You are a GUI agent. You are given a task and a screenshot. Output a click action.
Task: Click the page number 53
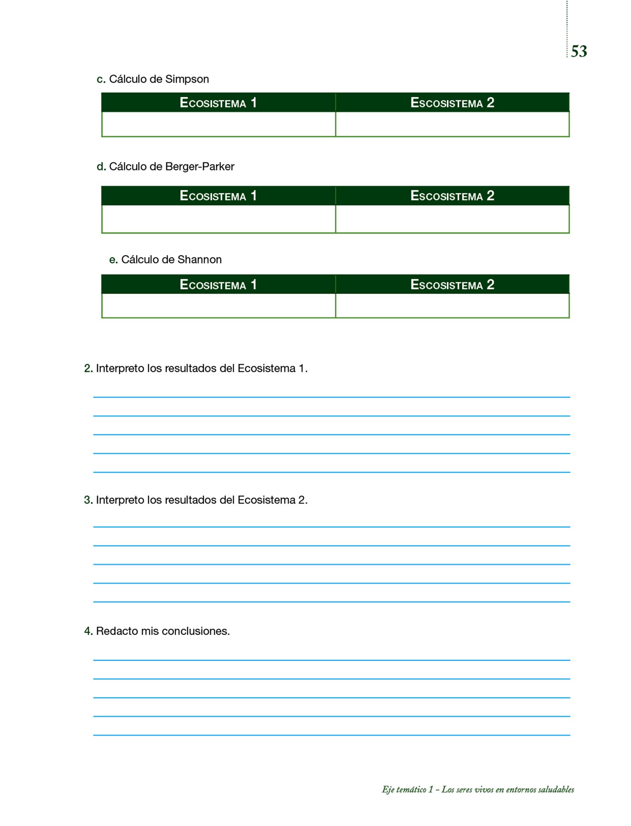click(579, 51)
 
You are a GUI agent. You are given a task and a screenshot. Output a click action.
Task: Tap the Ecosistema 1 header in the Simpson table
click(218, 103)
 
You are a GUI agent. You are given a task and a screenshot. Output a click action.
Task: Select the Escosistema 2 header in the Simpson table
click(452, 103)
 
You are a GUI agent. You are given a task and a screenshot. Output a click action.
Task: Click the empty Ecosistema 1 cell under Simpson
click(218, 124)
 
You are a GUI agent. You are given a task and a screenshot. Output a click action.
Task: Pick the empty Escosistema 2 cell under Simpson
click(452, 124)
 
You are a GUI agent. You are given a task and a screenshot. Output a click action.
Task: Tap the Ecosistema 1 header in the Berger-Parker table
click(218, 196)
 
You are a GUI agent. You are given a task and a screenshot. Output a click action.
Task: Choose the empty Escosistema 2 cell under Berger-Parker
click(452, 219)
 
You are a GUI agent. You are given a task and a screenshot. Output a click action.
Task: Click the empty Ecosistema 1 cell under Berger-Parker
click(218, 219)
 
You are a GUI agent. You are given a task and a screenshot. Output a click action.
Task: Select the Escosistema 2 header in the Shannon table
click(452, 285)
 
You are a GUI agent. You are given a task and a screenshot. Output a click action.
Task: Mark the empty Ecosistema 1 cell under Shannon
click(218, 306)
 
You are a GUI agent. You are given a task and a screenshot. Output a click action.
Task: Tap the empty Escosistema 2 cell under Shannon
click(452, 306)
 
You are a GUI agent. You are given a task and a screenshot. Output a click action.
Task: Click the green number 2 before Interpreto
click(88, 368)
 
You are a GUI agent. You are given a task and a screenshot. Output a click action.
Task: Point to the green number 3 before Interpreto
click(88, 500)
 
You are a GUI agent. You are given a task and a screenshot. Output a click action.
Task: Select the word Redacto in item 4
click(117, 631)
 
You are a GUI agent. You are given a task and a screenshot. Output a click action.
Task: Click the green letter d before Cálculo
click(101, 167)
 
